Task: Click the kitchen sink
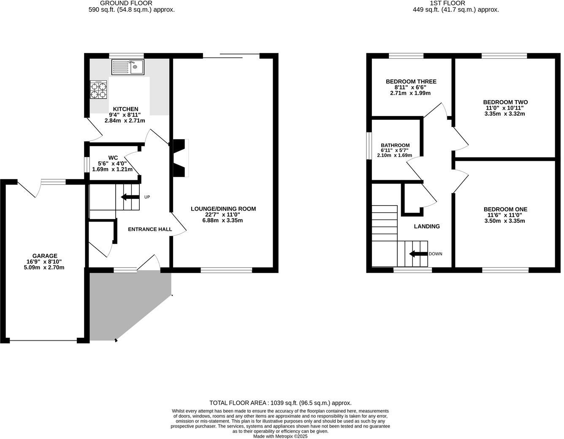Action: tap(127, 67)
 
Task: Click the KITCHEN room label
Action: tap(125, 109)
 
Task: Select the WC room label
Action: tap(113, 157)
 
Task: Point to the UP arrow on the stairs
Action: tap(130, 197)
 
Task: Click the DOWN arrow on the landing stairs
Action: tap(418, 254)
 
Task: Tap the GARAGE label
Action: tap(45, 256)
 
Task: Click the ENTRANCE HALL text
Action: tap(150, 229)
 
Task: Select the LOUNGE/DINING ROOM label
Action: tap(223, 209)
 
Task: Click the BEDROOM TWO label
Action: tap(505, 102)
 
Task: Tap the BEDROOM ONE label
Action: tap(505, 209)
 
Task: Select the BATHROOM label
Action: tap(395, 145)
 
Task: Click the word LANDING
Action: tap(426, 226)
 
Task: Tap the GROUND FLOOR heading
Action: tap(126, 3)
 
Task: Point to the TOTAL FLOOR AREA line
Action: tap(280, 403)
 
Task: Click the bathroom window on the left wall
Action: tap(368, 146)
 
